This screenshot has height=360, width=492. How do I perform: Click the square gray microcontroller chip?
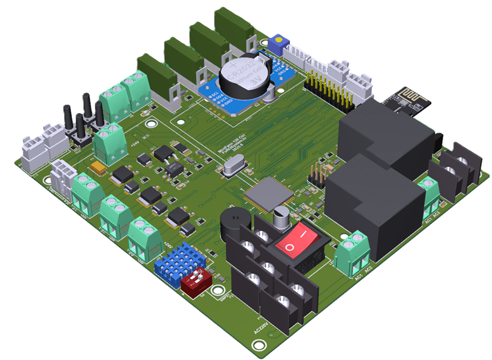(268, 194)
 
